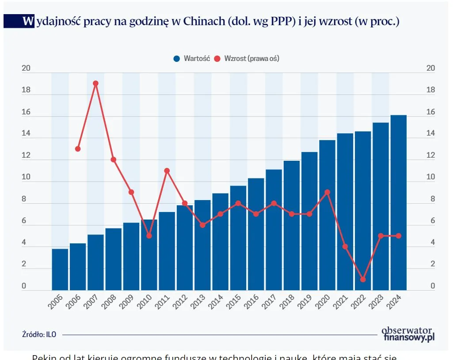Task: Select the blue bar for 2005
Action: pos(60,269)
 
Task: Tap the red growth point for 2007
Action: pos(95,83)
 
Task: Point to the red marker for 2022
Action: pos(363,279)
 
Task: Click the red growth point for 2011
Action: pos(167,171)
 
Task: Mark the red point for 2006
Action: pos(78,149)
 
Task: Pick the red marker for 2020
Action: pos(327,192)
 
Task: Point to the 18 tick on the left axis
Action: pos(26,90)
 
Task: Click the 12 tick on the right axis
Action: pos(430,155)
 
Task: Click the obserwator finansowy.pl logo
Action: pos(407,333)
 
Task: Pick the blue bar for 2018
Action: pos(292,225)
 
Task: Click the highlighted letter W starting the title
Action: pos(28,21)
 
